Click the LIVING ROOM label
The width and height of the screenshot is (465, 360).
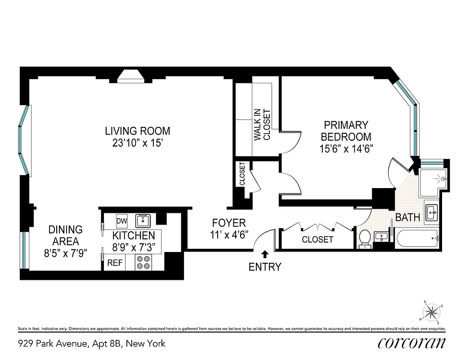pos(138,131)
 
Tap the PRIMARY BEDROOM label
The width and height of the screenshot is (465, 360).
pos(346,131)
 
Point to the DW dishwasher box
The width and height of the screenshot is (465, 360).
pos(121,221)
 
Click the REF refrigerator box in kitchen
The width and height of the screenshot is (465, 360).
pos(114,263)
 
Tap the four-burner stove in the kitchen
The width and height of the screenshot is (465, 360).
pos(143,262)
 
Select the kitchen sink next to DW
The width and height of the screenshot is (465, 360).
pos(143,220)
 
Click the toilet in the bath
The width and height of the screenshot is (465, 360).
pos(365,237)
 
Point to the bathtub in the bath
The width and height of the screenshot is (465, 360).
pos(417,237)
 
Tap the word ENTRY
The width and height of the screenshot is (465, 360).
pos(265,267)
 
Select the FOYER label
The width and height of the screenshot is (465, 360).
pos(229,223)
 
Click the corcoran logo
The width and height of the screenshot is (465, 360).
pos(411,343)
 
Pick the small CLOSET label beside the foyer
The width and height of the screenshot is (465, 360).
pos(242,174)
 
